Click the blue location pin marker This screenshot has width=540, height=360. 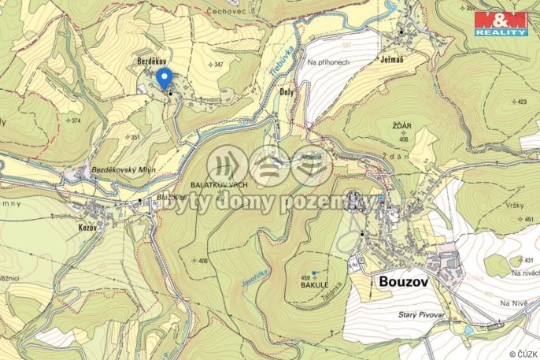[x=164, y=79]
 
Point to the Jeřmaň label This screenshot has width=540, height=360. [x=392, y=58]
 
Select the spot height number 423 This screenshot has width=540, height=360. [x=522, y=102]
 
